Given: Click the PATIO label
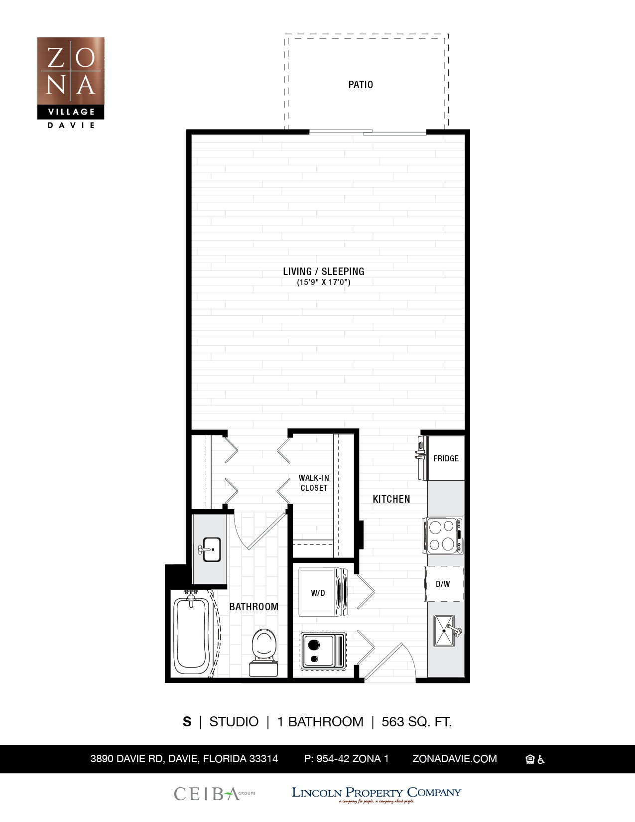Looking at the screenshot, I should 361,85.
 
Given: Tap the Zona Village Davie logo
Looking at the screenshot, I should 71,83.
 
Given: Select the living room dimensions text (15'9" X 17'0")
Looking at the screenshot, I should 324,282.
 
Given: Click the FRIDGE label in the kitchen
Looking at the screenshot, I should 446,458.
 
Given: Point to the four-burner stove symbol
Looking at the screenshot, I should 442,536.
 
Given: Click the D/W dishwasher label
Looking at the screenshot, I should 443,584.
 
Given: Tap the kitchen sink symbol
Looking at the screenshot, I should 444,631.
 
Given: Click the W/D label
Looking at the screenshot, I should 318,593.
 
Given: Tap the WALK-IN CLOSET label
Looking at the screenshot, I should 314,483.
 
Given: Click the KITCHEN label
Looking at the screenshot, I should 391,499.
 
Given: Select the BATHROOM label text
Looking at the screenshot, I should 254,607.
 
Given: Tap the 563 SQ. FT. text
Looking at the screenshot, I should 416,722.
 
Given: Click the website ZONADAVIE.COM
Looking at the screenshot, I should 454,759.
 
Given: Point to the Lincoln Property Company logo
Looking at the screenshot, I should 376,794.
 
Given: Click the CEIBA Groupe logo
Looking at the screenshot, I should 214,794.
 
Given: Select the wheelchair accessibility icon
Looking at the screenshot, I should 541,759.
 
